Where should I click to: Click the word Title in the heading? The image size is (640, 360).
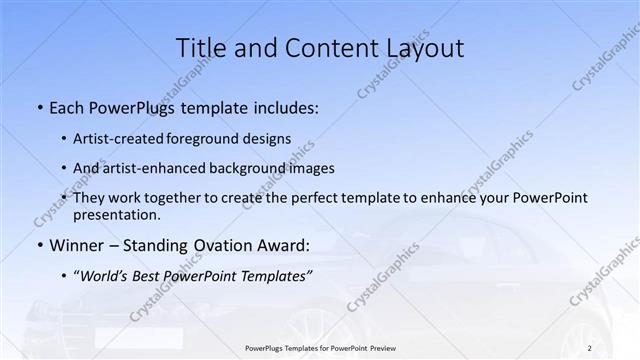point(200,48)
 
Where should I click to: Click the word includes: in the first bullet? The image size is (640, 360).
point(284,106)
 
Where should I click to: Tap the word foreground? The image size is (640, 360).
point(219,138)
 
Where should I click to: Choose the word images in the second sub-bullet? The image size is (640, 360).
point(308,168)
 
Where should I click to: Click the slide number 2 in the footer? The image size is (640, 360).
point(590,347)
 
